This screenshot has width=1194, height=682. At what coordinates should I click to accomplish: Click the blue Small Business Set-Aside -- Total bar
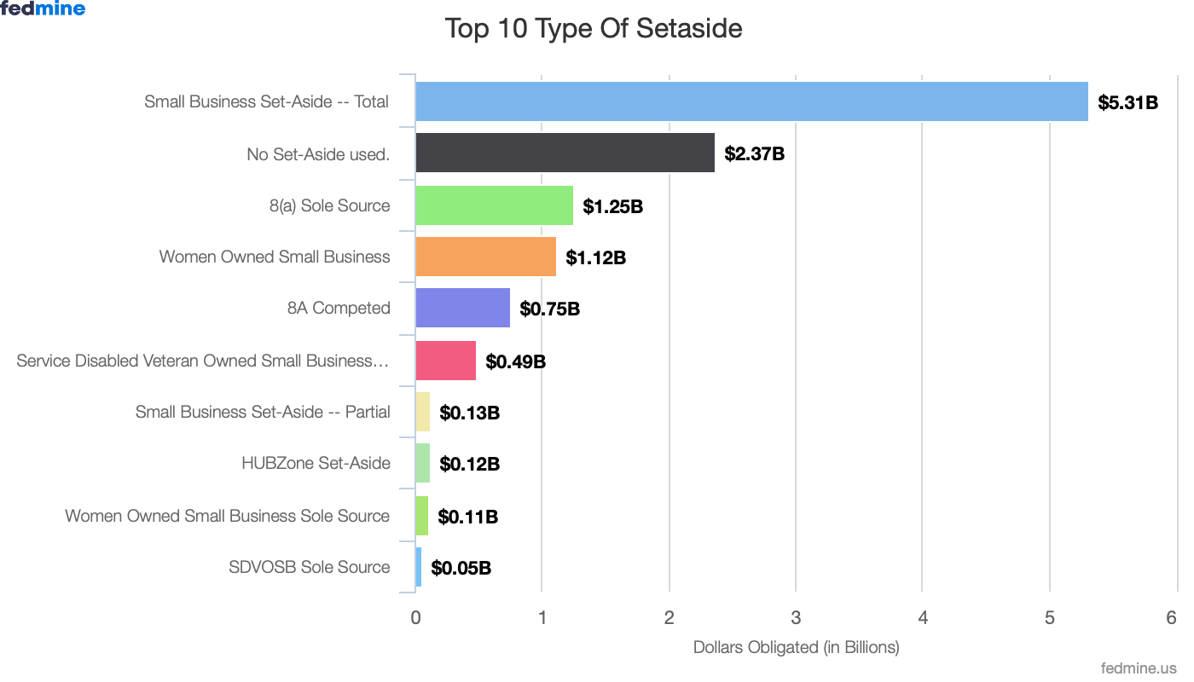(x=751, y=101)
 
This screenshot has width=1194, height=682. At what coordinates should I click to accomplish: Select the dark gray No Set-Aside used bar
(x=565, y=153)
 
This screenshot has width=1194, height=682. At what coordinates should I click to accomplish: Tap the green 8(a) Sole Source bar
(x=494, y=205)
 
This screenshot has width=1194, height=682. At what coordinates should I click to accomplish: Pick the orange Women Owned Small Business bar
(x=485, y=257)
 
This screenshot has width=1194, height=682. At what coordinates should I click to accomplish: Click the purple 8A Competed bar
(x=462, y=308)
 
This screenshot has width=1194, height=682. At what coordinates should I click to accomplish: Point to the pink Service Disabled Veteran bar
(x=445, y=360)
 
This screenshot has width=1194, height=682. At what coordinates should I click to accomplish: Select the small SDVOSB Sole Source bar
(x=419, y=567)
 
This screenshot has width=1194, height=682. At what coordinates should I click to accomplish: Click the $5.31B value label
(x=1127, y=103)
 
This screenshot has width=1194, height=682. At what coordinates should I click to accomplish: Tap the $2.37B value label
(x=754, y=154)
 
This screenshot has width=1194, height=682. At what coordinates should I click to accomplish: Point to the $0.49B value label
(x=515, y=361)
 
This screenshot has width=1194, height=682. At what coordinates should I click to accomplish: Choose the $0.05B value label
(x=461, y=568)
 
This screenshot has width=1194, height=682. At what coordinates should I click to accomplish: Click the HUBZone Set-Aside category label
(x=316, y=463)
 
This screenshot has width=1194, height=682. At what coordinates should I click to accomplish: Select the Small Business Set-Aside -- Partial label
(x=263, y=412)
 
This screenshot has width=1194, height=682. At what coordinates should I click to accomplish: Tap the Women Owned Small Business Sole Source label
(x=227, y=516)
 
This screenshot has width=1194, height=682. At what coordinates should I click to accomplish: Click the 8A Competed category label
(x=339, y=308)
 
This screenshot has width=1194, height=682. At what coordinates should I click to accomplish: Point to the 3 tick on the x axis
(x=796, y=618)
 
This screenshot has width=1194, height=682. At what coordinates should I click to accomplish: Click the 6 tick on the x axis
(x=1172, y=618)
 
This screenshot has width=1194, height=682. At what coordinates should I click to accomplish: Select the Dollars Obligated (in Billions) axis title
(x=796, y=647)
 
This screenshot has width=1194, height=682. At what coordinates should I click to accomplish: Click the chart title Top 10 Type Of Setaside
(x=594, y=28)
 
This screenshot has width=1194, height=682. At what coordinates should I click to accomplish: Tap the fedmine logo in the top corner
(x=43, y=9)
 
